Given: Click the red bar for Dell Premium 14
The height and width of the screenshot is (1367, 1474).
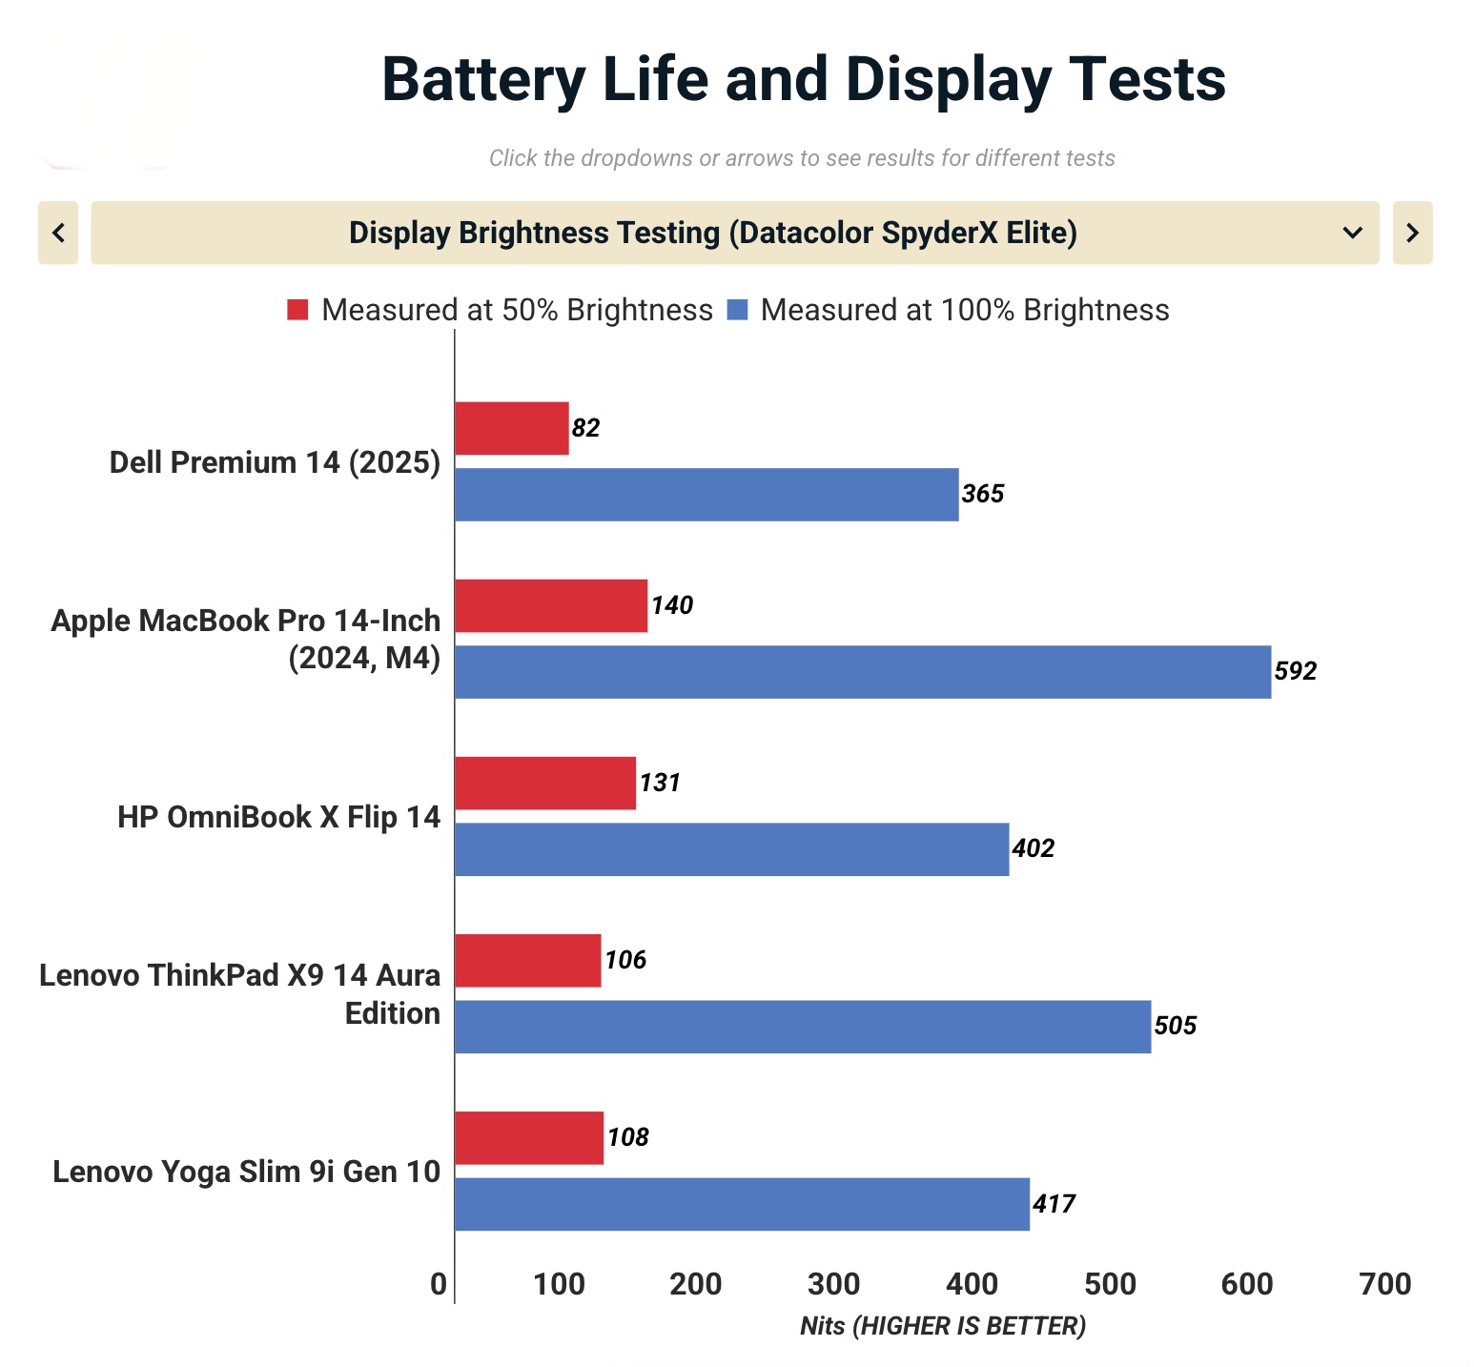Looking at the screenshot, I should pos(511,428).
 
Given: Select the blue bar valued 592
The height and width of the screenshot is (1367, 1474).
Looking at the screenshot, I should pos(862,671).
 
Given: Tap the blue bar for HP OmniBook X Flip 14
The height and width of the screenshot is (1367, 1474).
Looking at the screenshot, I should pos(731,848).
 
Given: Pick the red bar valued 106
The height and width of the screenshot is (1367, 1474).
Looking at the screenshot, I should pos(527,960).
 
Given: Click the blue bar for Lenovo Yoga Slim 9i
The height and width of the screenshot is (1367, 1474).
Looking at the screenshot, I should pos(742,1203).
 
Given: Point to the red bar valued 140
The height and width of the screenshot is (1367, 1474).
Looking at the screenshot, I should pos(550,605).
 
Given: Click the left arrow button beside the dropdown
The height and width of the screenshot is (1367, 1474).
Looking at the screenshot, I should pos(58,233).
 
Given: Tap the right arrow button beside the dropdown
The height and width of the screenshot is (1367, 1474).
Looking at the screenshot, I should pos(1412,233).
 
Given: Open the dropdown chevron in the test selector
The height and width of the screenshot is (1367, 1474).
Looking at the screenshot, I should pos(1352,233).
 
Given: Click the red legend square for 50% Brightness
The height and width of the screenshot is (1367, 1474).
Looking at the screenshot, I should pos(297,310).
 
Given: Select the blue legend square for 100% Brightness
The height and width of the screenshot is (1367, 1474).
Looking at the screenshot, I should pos(737,310).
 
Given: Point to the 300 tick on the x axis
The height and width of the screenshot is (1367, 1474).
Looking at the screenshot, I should pos(833,1284).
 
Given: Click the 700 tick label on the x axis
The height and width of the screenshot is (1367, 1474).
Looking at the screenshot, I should pos(1384,1284).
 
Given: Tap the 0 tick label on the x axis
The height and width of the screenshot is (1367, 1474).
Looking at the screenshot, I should pos(439,1284).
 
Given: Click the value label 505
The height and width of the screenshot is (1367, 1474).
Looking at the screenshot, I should pos(1175,1026).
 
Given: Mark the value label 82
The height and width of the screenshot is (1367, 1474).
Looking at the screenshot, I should pos(585,428).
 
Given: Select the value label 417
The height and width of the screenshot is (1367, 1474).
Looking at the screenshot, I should pos(1054,1204).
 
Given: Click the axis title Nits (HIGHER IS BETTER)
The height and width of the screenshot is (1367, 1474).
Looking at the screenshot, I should pos(942,1326).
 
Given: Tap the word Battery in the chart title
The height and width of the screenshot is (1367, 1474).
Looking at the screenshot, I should pos(482,79).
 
